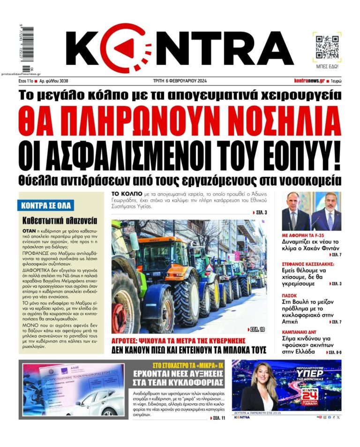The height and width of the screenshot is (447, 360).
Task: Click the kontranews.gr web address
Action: (x=309, y=81)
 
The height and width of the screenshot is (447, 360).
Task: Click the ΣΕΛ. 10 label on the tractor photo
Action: (x=255, y=329)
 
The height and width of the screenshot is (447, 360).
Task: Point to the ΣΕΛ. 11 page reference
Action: (x=218, y=417)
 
